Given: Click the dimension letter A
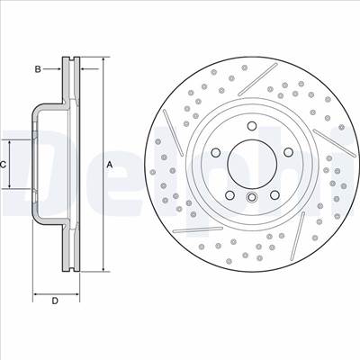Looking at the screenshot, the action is click(110, 165).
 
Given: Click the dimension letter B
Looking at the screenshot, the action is click(38, 69).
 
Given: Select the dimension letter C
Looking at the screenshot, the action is click(3, 165).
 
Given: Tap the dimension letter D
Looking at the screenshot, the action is click(55, 301).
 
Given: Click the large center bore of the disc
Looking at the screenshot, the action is click(252, 165).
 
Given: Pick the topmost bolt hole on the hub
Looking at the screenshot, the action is click(252, 126).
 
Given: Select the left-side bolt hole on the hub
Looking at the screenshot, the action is click(215, 153).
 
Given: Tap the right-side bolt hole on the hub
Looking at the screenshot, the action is click(289, 152).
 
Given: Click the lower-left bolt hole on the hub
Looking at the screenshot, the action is click(229, 195).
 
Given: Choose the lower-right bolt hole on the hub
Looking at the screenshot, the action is click(274, 195).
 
